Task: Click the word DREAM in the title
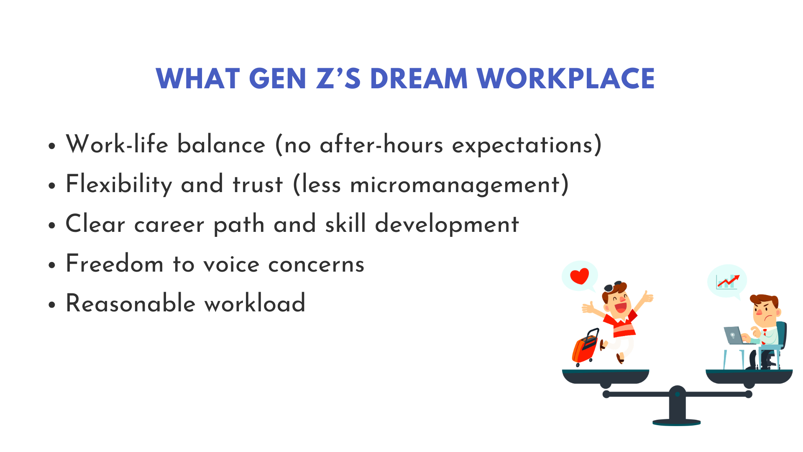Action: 419,79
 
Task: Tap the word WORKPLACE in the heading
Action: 565,79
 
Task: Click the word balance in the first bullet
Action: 221,145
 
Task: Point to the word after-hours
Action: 381,145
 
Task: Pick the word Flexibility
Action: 119,185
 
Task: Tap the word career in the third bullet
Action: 169,225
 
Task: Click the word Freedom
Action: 115,264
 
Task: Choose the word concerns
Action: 316,265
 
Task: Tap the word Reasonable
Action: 130,303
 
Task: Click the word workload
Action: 255,303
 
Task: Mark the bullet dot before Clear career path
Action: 52,226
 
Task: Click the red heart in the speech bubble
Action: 580,276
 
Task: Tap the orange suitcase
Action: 585,347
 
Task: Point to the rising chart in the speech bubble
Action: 728,282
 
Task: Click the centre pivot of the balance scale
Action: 678,394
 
